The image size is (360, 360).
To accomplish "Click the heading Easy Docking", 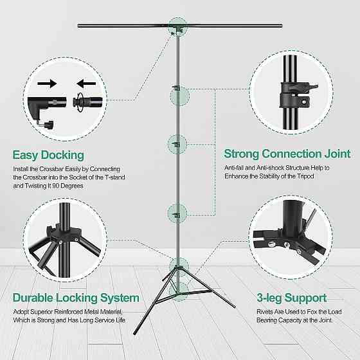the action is point(48,155).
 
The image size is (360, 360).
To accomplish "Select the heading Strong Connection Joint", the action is point(287,154).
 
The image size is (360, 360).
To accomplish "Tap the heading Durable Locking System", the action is point(76,298).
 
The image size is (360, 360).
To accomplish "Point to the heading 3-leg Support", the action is point(292,298).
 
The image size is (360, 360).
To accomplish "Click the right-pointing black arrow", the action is point(47,84).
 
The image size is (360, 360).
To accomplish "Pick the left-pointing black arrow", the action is point(86,84).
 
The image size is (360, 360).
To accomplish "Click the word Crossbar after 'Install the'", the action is point(51,169).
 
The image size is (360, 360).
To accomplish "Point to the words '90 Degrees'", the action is point(67,186).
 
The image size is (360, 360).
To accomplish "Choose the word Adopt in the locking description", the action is point(21,312).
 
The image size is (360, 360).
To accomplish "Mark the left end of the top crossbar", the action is point(79,26).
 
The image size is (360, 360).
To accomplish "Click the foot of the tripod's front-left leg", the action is point(135,333).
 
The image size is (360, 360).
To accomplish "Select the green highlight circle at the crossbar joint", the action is point(177,27).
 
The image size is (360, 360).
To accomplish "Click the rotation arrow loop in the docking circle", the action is point(80,102).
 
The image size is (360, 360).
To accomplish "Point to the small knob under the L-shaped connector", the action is point(50,125).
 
